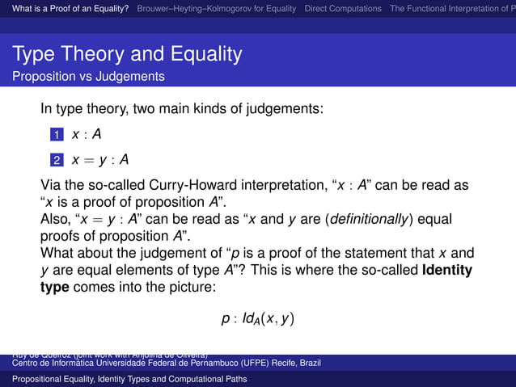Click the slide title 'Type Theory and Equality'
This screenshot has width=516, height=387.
point(127,55)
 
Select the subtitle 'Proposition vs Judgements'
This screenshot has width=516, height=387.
point(88,77)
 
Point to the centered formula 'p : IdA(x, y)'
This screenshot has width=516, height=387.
point(257,318)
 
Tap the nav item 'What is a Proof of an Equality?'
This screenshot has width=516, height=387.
point(66,9)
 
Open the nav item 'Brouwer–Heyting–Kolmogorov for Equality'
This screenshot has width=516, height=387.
point(217,9)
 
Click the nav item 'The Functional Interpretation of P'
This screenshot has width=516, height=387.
point(452,9)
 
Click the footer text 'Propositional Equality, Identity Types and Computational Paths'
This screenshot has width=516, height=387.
point(129,378)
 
